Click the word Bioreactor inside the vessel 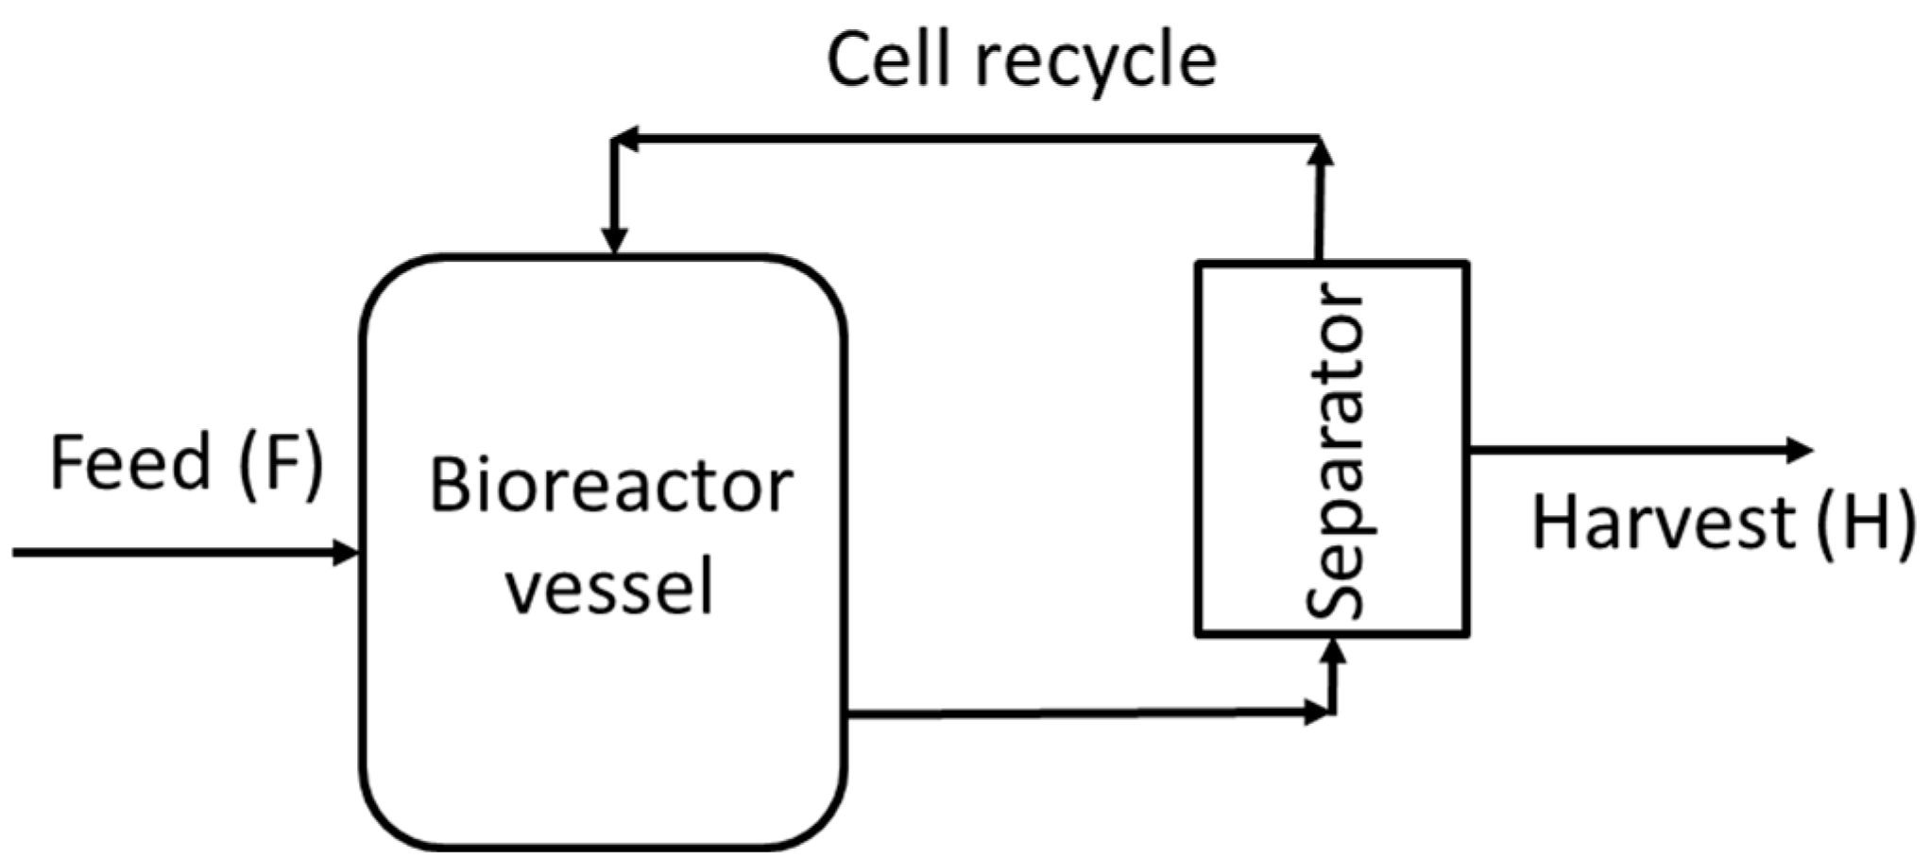pyautogui.click(x=610, y=488)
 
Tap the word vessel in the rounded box pyautogui.click(x=609, y=588)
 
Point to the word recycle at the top pyautogui.click(x=1096, y=62)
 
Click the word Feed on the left pyautogui.click(x=130, y=462)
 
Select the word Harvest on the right pyautogui.click(x=1662, y=524)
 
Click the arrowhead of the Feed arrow pyautogui.click(x=347, y=552)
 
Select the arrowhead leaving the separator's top pyautogui.click(x=1321, y=151)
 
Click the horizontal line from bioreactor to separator pyautogui.click(x=1077, y=713)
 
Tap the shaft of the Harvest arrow pyautogui.click(x=1625, y=450)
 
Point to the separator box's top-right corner pyautogui.click(x=1466, y=264)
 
